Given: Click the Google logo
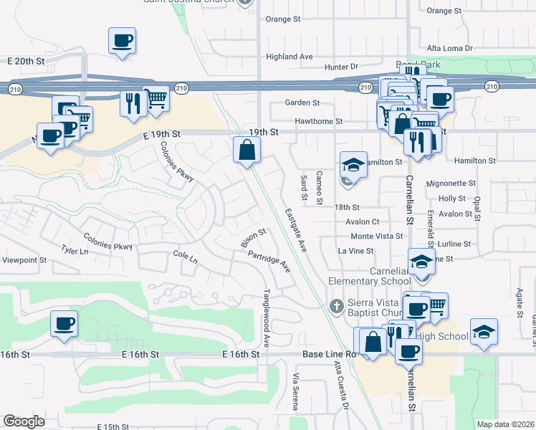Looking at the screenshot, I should (24, 421).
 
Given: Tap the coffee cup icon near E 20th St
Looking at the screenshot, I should (122, 41).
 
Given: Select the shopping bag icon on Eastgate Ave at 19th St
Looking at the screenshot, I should (247, 150).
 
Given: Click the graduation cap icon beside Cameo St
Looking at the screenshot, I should (353, 165).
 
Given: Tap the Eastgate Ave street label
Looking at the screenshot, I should (295, 230).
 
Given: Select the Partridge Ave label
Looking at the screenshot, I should (269, 261).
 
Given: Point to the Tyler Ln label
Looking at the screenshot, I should (75, 251).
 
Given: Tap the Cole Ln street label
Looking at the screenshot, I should (185, 256).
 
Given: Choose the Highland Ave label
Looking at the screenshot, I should (289, 57).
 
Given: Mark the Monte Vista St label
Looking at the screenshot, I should (377, 236).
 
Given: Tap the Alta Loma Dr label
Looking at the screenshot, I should (449, 48).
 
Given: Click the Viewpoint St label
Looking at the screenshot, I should (24, 261).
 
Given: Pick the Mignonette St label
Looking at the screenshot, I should (451, 183).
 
